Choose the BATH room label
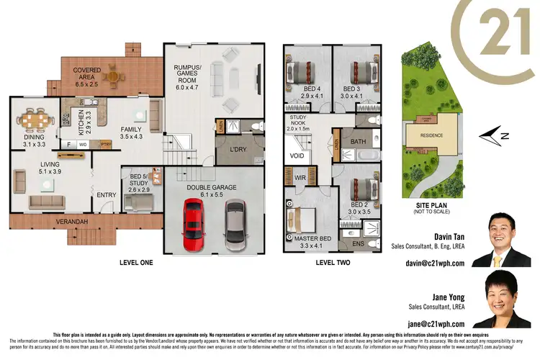[x=358, y=142]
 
